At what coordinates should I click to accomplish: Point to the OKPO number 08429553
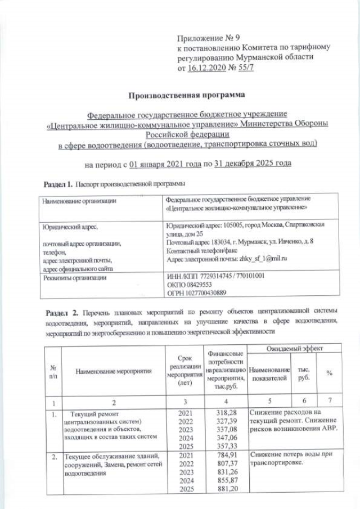pos(193,285)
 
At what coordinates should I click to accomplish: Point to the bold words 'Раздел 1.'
pos(58,184)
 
